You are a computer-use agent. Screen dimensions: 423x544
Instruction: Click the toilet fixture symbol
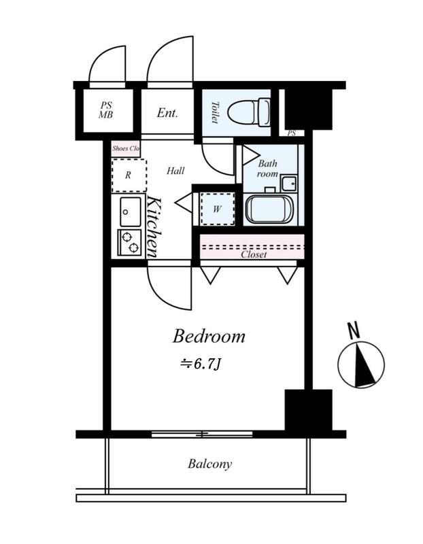250,112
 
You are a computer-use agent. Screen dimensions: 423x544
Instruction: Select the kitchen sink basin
130,211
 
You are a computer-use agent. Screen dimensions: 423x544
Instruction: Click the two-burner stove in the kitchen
129,243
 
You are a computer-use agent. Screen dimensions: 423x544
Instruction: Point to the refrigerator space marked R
129,175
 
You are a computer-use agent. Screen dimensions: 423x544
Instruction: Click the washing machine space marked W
218,209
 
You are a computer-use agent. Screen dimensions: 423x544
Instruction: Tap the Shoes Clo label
126,148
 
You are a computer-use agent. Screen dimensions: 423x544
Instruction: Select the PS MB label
106,110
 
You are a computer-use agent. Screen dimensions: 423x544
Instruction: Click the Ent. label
167,112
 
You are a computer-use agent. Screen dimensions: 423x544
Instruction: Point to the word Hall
175,171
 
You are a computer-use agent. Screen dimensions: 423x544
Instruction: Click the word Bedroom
209,336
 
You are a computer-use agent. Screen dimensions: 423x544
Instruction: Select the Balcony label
210,464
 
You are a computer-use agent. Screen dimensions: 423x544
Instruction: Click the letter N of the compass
354,330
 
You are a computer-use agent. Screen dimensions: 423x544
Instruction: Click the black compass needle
364,365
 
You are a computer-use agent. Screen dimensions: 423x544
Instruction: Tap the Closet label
254,254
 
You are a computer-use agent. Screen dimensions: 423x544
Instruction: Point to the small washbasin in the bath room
289,183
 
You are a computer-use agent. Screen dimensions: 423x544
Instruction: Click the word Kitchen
154,227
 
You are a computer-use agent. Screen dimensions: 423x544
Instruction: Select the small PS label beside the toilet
292,133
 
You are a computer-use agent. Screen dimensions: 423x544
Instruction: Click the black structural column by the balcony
309,410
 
